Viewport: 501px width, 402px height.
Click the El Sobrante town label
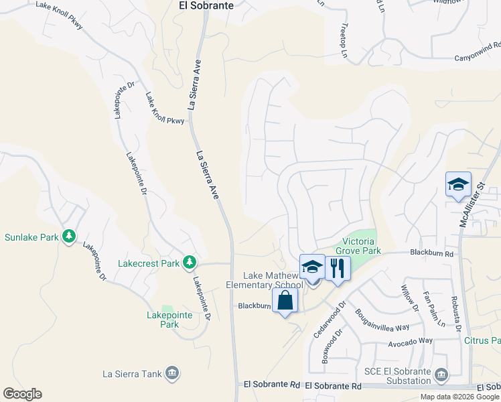pos(206,5)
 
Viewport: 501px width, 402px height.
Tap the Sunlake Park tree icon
pos(68,237)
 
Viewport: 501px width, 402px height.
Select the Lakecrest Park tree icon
pos(190,263)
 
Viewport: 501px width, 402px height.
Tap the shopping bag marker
pos(285,301)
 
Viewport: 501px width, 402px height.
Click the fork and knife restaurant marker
pos(338,269)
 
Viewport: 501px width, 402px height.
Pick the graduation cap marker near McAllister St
pos(458,184)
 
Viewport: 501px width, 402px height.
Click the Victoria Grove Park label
pos(362,246)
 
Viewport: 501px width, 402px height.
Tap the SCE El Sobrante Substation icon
pos(441,374)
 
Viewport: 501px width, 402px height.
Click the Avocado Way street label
pos(411,342)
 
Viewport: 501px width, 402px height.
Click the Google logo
pos(22,394)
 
